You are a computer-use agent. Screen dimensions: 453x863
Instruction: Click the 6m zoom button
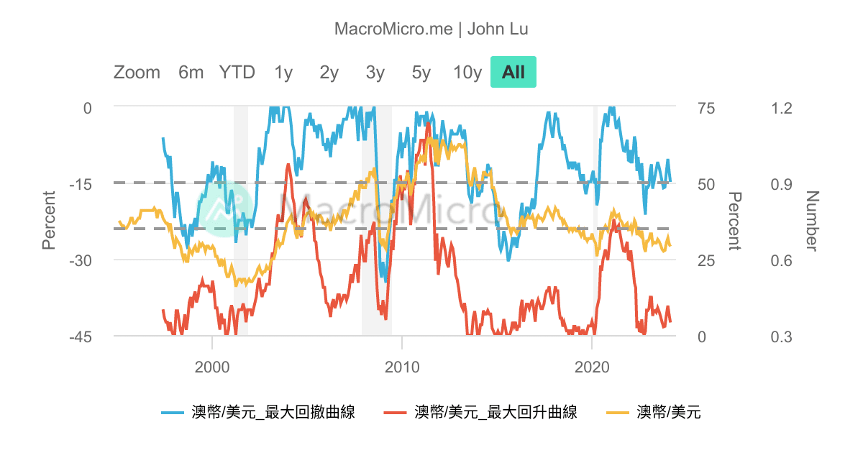tap(191, 73)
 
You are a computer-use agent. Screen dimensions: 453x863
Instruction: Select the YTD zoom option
tap(237, 73)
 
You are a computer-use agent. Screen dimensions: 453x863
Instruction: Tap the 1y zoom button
tap(283, 73)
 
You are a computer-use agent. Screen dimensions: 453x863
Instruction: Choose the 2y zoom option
tap(329, 73)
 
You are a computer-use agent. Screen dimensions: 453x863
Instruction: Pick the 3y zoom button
tap(375, 73)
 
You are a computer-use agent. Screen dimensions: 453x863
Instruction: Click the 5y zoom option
tap(421, 73)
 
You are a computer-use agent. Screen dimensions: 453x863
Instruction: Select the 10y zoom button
tap(467, 73)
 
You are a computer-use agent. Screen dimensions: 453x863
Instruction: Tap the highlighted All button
tap(513, 73)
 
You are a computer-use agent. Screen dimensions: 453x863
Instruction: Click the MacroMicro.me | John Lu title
tap(431, 29)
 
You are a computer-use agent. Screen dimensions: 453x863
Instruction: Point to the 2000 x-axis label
tap(212, 367)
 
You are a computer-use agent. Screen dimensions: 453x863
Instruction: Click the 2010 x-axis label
tap(401, 367)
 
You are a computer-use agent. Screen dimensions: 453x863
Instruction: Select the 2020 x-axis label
tap(591, 367)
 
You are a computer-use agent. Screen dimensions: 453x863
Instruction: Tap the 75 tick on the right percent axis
tap(707, 108)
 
